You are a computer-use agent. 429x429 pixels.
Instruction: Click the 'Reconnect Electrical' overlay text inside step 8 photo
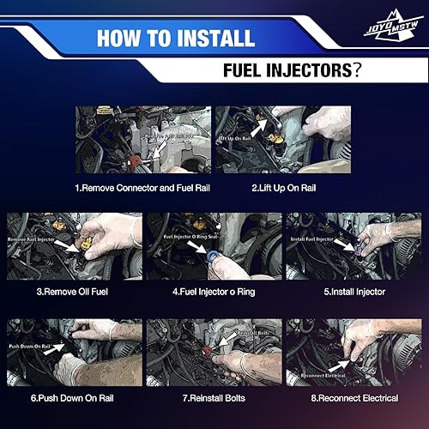(x=320, y=376)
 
